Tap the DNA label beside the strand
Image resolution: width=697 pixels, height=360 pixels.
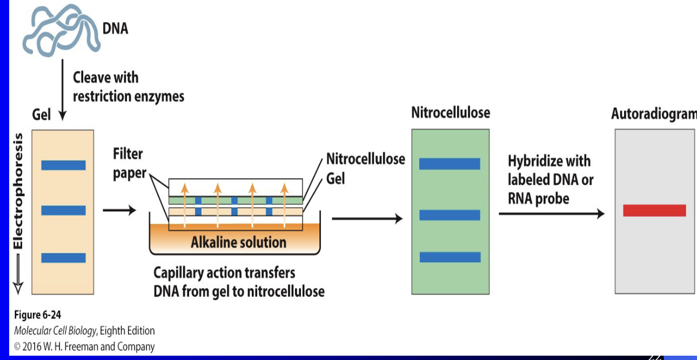coord(115,28)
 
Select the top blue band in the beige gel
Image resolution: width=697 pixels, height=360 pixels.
coord(63,165)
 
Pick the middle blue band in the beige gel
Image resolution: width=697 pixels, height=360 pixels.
coord(63,210)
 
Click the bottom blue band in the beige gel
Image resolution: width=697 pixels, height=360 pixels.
coord(63,258)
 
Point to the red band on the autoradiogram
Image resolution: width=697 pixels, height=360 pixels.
coord(654,210)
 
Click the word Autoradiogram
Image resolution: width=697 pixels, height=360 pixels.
coord(654,114)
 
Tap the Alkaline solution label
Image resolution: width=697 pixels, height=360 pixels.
coord(238,242)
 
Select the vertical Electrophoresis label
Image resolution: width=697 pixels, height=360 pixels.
coord(18,191)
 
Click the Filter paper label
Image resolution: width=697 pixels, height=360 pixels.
coord(130,163)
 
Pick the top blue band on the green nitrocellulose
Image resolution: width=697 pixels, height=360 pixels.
coord(450,164)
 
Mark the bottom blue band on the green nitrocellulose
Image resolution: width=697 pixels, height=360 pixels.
coord(450,257)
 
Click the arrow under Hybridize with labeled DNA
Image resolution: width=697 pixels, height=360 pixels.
coord(552,214)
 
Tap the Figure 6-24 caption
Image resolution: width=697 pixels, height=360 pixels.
coord(38,315)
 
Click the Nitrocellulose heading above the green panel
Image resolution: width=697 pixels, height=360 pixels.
coord(451,113)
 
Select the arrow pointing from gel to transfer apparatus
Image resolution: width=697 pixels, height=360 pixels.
coord(119,210)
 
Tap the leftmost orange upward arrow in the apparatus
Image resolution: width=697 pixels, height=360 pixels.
coord(185,205)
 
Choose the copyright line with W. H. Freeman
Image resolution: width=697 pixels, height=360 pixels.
coord(84,346)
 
